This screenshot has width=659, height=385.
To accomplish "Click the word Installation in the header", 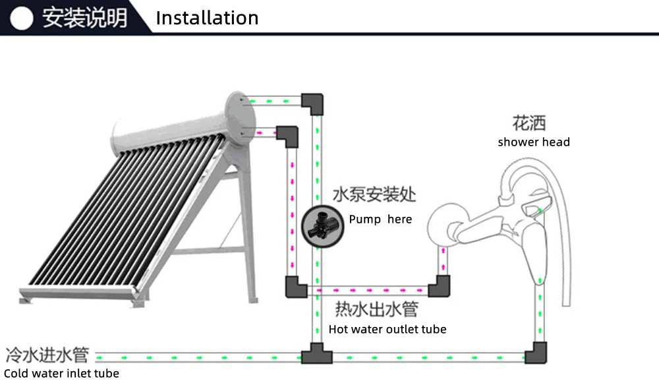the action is (x=207, y=18).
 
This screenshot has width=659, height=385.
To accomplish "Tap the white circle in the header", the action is (x=22, y=18).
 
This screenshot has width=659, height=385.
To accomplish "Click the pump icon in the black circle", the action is (x=322, y=226).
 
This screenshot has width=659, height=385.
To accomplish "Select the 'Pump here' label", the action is (x=380, y=220).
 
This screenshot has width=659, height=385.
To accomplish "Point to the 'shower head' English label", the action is (x=534, y=142).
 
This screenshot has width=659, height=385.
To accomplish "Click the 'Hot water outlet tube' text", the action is (x=387, y=329).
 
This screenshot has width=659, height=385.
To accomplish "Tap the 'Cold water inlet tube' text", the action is (x=61, y=373).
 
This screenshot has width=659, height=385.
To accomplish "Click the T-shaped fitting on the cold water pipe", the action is (x=317, y=354).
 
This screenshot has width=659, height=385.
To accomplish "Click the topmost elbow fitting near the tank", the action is (x=312, y=104).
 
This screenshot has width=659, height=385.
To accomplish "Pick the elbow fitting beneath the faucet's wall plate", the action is (x=440, y=287).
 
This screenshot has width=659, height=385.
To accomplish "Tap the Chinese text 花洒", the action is (x=529, y=123).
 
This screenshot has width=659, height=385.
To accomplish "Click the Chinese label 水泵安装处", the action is (x=374, y=194).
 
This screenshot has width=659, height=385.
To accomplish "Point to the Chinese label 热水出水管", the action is (x=376, y=309).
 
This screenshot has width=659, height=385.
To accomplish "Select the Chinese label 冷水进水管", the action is (x=47, y=355).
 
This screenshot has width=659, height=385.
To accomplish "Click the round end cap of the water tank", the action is (x=241, y=118).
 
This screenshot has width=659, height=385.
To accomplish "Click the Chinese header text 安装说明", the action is (x=84, y=18).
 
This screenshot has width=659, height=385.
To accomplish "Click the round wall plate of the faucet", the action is (x=442, y=224).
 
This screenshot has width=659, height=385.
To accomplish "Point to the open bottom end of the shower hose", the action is (x=566, y=304).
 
